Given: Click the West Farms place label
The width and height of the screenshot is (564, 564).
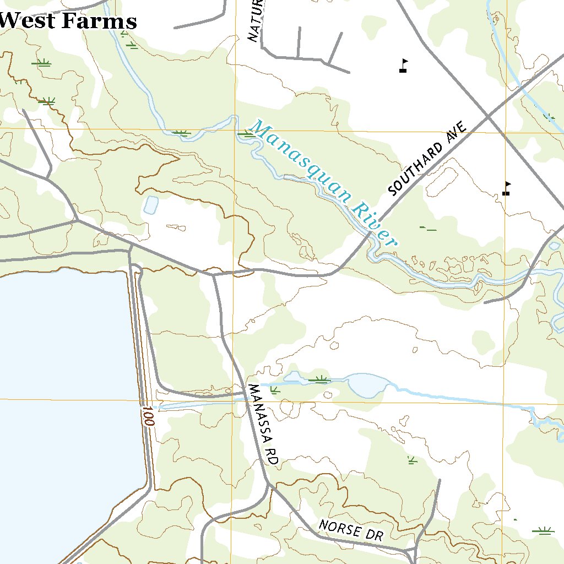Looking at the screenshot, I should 68,21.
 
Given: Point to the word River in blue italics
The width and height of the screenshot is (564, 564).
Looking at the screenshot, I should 374,225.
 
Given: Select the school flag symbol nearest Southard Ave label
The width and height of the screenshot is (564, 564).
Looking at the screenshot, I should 506,189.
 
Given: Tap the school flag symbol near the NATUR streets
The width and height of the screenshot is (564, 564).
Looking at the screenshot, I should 404,66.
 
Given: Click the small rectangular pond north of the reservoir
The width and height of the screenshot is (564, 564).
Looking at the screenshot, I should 150,205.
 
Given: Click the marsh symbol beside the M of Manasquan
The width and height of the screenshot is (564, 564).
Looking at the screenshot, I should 245,133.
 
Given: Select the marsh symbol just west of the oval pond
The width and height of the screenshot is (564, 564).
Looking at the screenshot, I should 319,379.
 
